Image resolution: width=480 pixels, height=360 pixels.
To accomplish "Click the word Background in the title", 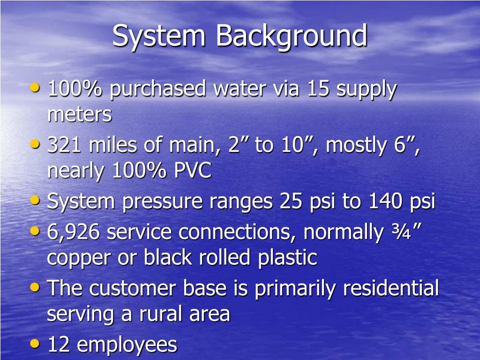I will (291, 37).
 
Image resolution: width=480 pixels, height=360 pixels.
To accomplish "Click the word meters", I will (80, 114).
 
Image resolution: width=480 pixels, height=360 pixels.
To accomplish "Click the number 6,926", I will (74, 232).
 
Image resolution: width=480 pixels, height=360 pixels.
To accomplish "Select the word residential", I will (391, 288).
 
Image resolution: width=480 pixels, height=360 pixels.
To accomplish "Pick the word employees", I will (127, 345).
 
